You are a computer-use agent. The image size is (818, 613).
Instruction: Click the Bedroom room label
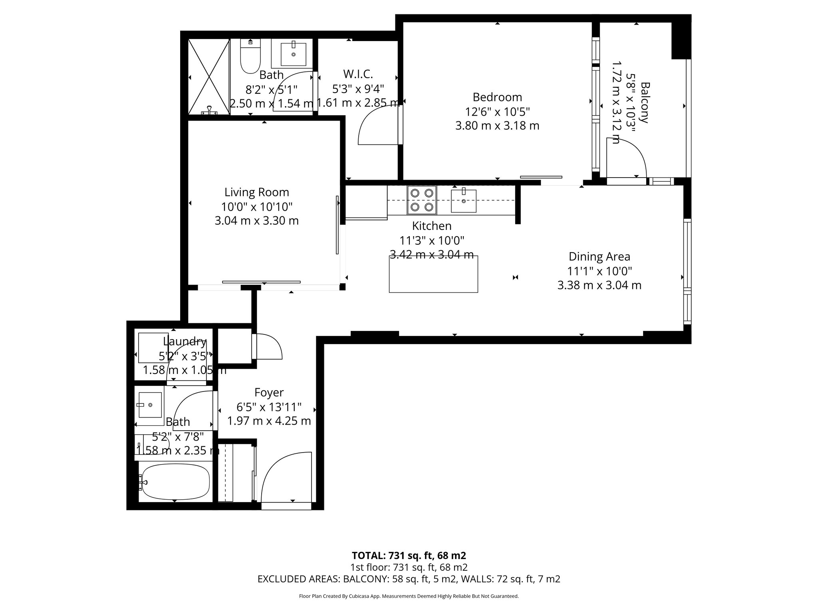497,97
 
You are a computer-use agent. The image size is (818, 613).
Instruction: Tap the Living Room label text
256,192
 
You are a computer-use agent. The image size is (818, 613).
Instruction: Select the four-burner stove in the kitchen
422,200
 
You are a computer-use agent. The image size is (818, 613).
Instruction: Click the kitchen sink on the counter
463,201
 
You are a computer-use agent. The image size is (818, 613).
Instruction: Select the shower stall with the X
208,77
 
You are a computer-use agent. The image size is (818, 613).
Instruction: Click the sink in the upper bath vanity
293,54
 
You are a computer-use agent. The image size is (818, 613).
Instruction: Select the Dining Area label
599,257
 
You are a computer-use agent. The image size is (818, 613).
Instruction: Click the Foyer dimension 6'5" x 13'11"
269,407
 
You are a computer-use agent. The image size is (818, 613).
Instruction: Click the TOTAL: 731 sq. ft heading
409,556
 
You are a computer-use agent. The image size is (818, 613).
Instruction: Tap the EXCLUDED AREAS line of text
409,579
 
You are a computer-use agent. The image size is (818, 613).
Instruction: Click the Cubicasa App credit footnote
409,596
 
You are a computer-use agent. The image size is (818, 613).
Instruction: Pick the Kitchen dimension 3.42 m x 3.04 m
432,255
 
